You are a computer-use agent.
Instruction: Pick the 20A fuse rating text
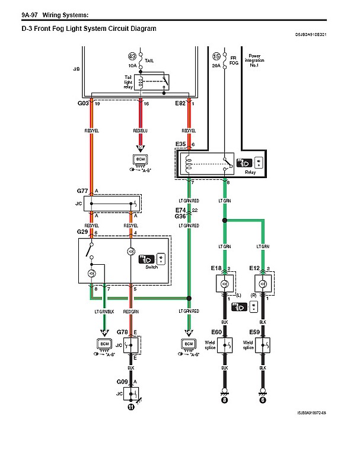click(215, 66)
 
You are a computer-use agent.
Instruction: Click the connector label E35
click(181, 144)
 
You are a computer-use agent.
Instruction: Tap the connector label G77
click(82, 191)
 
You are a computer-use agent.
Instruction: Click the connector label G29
click(82, 231)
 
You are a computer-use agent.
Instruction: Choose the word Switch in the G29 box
click(152, 267)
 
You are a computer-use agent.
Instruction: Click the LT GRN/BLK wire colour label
click(104, 312)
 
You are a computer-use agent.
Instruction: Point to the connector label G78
click(123, 332)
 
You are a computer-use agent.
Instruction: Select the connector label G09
click(122, 382)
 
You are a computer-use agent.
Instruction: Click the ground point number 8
click(225, 400)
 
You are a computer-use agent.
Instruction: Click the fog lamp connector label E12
click(254, 268)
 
